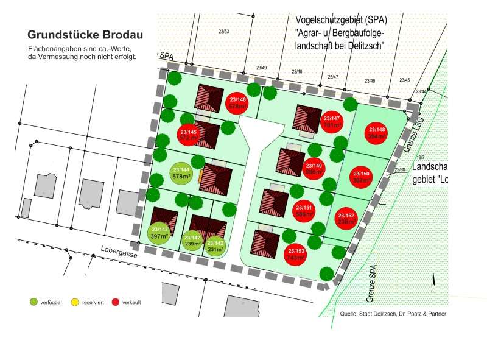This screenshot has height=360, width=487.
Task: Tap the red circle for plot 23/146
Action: click(x=237, y=102)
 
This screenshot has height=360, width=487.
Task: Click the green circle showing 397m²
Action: click(x=158, y=232)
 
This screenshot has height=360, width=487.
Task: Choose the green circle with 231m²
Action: click(x=215, y=245)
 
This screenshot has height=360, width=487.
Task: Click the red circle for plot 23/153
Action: click(x=296, y=254)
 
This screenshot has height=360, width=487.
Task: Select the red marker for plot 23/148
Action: click(x=377, y=132)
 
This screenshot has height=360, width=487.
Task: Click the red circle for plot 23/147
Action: click(x=331, y=121)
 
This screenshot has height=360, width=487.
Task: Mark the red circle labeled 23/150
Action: click(x=361, y=177)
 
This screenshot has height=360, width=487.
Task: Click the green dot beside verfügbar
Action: click(x=33, y=302)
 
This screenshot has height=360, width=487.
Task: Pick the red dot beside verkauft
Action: click(x=116, y=302)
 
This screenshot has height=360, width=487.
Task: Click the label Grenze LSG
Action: click(x=412, y=132)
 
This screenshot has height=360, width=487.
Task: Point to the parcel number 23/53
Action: click(x=224, y=31)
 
